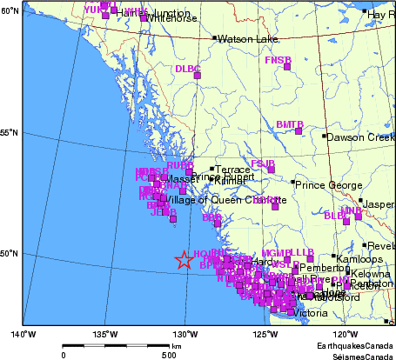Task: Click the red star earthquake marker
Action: point(184,259)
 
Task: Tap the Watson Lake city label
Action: point(245,39)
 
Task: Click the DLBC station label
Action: point(187,68)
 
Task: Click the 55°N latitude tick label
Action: point(10,132)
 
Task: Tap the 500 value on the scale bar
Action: point(170,354)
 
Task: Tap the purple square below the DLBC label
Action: point(198,77)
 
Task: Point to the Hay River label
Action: point(380,15)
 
